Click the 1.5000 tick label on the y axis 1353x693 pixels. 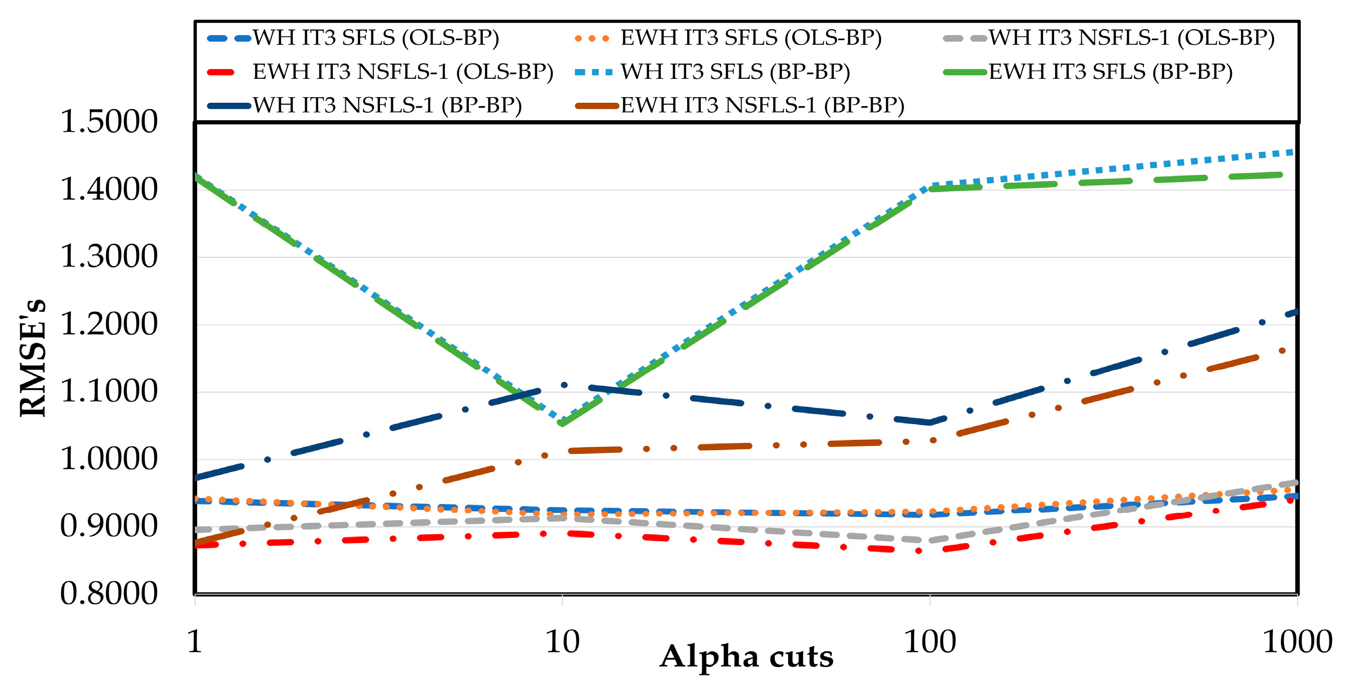tap(109, 122)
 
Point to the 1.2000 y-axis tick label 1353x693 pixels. tap(109, 324)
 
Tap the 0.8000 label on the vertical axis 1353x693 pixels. tap(109, 594)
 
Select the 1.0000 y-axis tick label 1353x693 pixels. tap(109, 459)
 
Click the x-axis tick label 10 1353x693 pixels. tap(562, 641)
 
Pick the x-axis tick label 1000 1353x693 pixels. tap(1297, 641)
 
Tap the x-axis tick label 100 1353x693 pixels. tap(930, 641)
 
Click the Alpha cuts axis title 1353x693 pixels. tap(746, 657)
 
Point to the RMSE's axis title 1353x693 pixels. tap(32, 359)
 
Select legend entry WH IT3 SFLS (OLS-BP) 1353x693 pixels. tap(376, 38)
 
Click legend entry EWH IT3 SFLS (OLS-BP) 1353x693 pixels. tap(750, 38)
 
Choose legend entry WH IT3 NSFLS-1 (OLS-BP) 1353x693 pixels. tap(1131, 38)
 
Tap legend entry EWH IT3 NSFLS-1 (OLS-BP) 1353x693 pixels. tap(403, 72)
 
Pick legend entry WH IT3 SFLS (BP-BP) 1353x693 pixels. tap(735, 72)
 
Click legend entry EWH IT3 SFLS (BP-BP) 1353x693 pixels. tap(1111, 72)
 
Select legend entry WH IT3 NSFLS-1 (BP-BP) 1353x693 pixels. tap(387, 105)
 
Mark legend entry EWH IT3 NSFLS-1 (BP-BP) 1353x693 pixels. tap(762, 105)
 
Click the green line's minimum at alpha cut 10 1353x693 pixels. tap(562, 423)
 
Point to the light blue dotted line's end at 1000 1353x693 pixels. tap(1293, 152)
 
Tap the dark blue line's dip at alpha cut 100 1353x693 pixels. tap(930, 422)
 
